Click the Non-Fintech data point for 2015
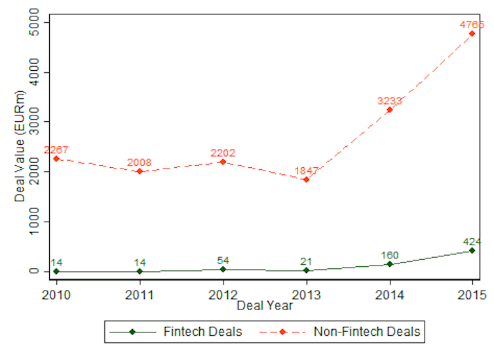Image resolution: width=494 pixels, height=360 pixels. coord(472,33)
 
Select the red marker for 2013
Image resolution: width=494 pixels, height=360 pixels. coord(306,180)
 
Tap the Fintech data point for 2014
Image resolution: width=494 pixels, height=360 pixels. coord(389,264)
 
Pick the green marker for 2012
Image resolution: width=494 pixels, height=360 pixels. coord(223,269)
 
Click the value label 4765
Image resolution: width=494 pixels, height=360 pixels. coord(472,25)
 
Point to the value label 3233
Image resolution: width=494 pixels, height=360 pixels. coord(389,101)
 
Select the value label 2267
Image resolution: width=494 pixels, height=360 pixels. coord(56,150)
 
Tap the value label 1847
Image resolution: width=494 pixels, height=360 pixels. coord(306,170)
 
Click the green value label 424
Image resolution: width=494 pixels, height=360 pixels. coord(472,241)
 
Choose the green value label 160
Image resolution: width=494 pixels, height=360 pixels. coord(389,255)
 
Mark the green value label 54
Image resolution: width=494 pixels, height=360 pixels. coord(223,260)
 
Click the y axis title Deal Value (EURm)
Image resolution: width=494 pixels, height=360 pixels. coord(19,147)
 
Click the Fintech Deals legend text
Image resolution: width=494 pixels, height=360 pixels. coord(202,332)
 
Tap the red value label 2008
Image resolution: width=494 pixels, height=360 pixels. coord(140,163)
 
